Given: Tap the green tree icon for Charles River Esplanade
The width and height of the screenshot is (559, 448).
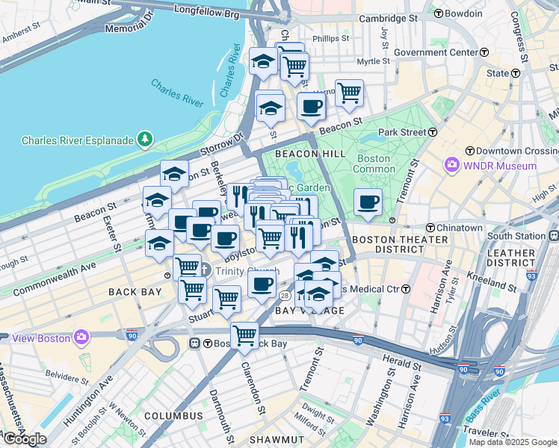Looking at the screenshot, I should tap(144, 139).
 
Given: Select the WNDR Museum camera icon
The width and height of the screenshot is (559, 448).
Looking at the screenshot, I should tap(451, 165).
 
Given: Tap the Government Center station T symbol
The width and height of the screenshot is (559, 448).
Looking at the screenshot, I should tap(484, 52).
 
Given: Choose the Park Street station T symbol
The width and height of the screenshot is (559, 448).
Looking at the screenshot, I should tap(433, 132).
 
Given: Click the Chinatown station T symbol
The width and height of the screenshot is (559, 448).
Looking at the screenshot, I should tap(430, 228).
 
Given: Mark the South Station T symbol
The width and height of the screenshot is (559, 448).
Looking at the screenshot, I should tap(552, 236).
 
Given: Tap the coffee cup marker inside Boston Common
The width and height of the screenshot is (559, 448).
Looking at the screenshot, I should tap(368, 202).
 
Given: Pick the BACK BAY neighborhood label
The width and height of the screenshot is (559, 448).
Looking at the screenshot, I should tap(135, 291).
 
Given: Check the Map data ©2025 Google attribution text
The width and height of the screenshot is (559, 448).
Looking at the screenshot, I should tap(512, 442).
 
